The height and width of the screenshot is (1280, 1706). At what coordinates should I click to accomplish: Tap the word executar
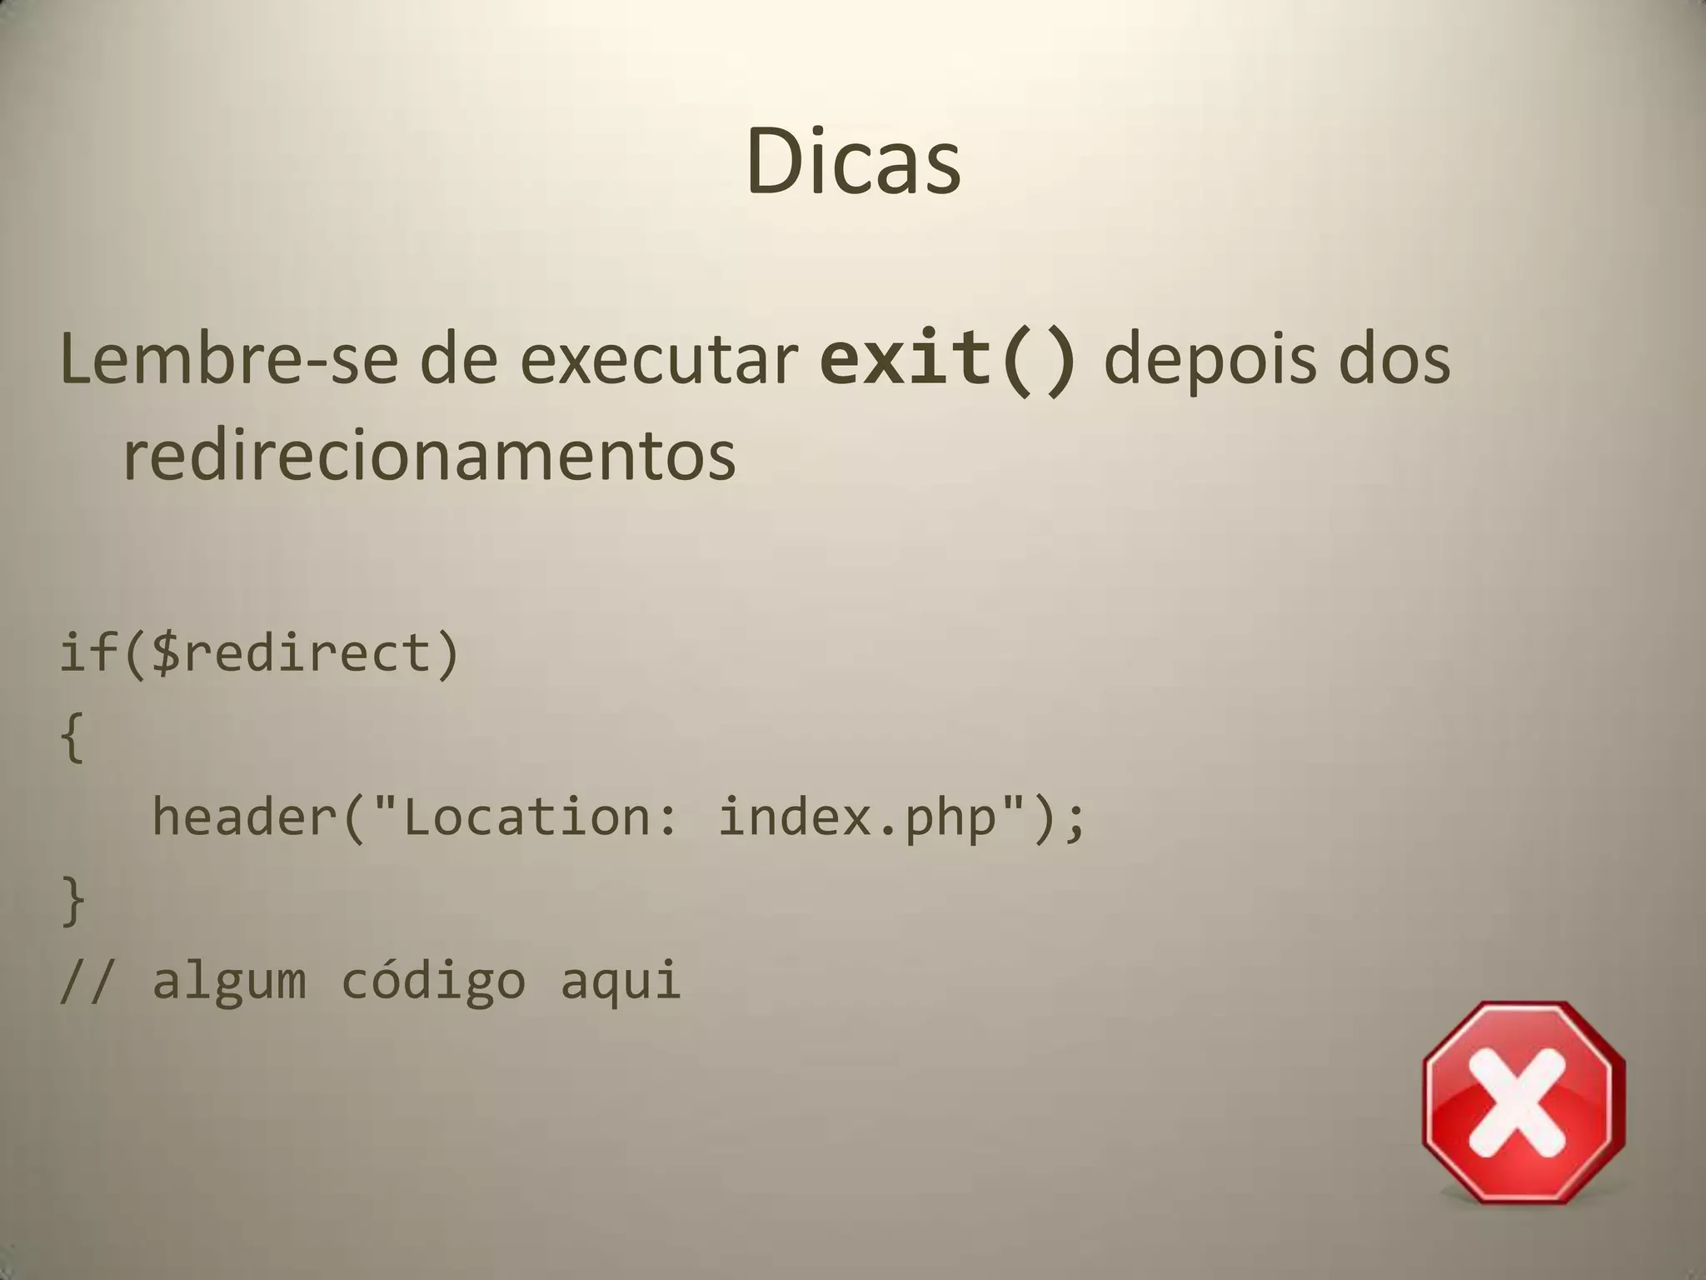pyautogui.click(x=659, y=360)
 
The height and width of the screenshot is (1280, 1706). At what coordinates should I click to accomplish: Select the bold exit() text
pyautogui.click(x=948, y=360)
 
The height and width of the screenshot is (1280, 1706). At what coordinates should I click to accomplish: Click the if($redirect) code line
pyautogui.click(x=259, y=652)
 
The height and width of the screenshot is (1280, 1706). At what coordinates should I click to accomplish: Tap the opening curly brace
pyautogui.click(x=72, y=737)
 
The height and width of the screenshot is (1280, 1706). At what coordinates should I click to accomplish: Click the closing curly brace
pyautogui.click(x=72, y=901)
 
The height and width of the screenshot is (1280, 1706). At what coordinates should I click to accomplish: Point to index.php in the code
pyautogui.click(x=857, y=817)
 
